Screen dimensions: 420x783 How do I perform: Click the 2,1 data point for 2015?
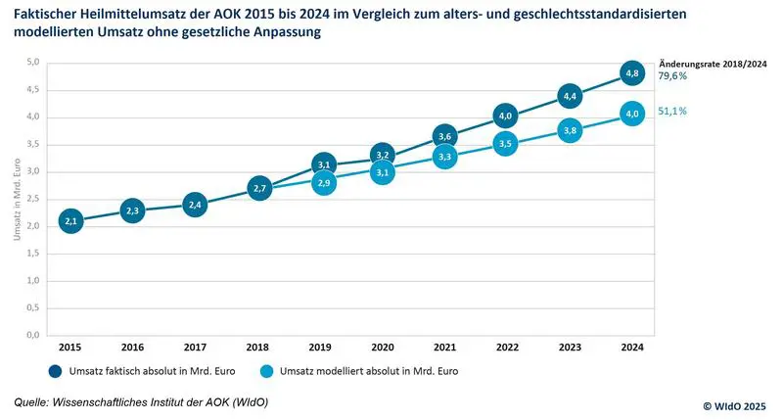70,221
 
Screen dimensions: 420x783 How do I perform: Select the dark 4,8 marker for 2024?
632,73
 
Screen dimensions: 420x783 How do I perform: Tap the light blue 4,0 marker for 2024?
632,115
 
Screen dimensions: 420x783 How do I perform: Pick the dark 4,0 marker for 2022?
507,116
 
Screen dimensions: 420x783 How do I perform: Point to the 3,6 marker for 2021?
445,136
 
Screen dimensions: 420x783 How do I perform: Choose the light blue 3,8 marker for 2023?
570,129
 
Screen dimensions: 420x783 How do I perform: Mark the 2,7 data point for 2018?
258,188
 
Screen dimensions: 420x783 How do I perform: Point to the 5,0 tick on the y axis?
32,63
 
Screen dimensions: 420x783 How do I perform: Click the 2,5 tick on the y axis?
32,199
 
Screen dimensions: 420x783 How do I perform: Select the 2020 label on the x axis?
383,348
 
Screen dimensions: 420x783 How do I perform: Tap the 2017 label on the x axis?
196,348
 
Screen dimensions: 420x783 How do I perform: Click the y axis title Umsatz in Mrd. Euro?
14,199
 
